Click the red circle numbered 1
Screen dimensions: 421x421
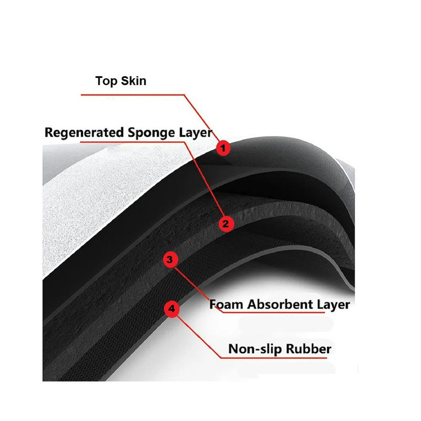click(x=223, y=148)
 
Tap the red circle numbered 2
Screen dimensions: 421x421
click(x=226, y=224)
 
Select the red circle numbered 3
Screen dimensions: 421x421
click(x=170, y=259)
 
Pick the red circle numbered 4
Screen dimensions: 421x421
click(x=172, y=309)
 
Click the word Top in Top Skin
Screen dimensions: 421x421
click(x=106, y=81)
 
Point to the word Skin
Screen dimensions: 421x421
click(x=134, y=81)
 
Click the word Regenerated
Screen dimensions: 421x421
click(x=84, y=133)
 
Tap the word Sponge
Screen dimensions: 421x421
click(x=151, y=133)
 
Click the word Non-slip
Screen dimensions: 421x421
click(x=255, y=349)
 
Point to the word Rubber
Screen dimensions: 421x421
click(x=308, y=349)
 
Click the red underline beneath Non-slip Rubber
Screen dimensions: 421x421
click(x=273, y=358)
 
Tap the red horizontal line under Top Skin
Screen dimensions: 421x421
click(x=133, y=95)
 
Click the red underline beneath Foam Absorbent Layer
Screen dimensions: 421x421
click(x=273, y=312)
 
